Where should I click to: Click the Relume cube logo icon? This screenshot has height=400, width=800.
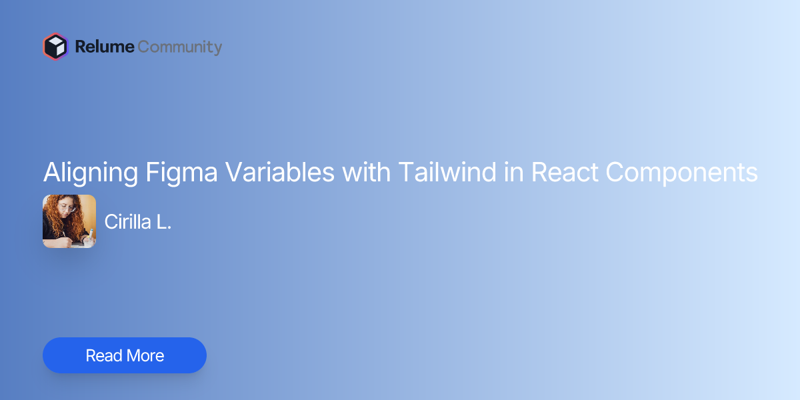(x=55, y=47)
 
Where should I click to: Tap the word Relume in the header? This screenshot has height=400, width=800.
(x=105, y=47)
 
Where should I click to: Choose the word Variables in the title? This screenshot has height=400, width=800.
(x=279, y=173)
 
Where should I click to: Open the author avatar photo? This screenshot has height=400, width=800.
(x=69, y=221)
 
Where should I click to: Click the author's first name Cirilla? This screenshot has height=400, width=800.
(x=127, y=222)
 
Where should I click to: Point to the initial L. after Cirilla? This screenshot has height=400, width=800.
(x=164, y=222)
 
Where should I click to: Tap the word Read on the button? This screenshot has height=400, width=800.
(x=103, y=355)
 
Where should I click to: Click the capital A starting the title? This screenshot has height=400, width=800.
(x=51, y=173)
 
